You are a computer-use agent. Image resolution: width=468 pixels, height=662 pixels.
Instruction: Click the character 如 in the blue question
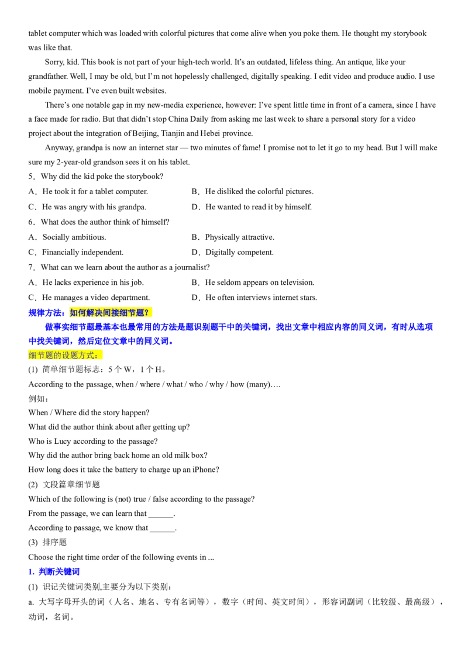(x=74, y=313)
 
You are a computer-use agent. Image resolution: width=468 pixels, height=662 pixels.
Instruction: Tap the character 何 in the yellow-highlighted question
(x=82, y=313)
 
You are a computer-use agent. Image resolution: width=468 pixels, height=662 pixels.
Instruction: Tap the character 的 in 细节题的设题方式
(x=57, y=356)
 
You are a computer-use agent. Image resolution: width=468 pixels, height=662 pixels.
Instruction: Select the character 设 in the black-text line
(x=65, y=356)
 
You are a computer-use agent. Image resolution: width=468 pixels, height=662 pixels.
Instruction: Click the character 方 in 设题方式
(x=81, y=356)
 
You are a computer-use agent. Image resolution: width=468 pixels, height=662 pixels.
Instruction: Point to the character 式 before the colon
(x=90, y=356)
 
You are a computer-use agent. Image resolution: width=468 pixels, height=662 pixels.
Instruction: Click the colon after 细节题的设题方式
(x=97, y=356)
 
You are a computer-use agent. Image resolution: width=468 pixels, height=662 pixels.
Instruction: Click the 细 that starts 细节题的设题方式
(x=32, y=356)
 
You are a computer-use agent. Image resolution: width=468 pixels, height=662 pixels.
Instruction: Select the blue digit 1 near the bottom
(x=30, y=571)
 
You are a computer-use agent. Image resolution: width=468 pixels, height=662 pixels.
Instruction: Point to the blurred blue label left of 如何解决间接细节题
(x=46, y=313)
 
